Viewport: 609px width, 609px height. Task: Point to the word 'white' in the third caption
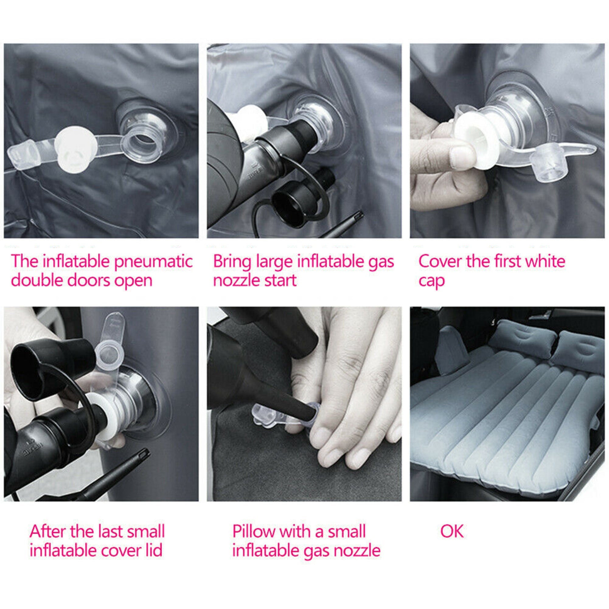pos(545,261)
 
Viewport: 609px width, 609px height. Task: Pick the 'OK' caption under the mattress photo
pos(452,531)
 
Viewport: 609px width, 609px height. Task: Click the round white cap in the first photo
pos(75,150)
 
